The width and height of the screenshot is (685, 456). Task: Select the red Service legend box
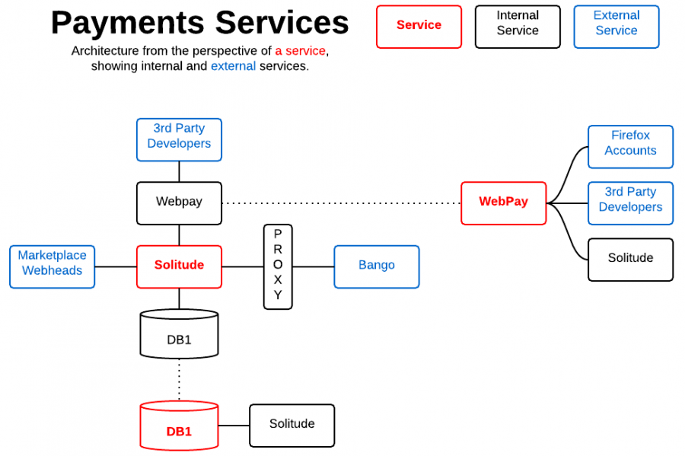(x=419, y=27)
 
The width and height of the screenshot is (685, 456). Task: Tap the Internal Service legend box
(x=518, y=27)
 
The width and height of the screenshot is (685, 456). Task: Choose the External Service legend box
(x=616, y=27)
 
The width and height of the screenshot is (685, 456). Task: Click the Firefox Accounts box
(x=630, y=146)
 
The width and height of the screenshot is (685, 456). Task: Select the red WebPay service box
(x=503, y=202)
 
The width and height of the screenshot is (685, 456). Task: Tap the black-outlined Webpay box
(x=179, y=202)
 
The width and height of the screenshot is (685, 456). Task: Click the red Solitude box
(x=179, y=266)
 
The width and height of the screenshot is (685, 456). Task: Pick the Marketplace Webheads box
(x=52, y=266)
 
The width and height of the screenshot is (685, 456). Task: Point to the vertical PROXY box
(x=278, y=266)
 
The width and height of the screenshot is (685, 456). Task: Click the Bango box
(x=376, y=266)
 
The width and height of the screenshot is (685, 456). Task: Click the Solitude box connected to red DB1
(x=292, y=425)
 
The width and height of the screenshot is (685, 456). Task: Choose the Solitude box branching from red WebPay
(x=630, y=260)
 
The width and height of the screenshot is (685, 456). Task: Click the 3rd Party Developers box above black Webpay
(x=179, y=139)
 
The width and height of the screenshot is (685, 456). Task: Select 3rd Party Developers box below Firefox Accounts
(x=630, y=202)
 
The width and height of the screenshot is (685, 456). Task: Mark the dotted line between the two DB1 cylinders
(x=180, y=379)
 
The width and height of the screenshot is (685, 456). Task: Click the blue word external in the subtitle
(x=233, y=66)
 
